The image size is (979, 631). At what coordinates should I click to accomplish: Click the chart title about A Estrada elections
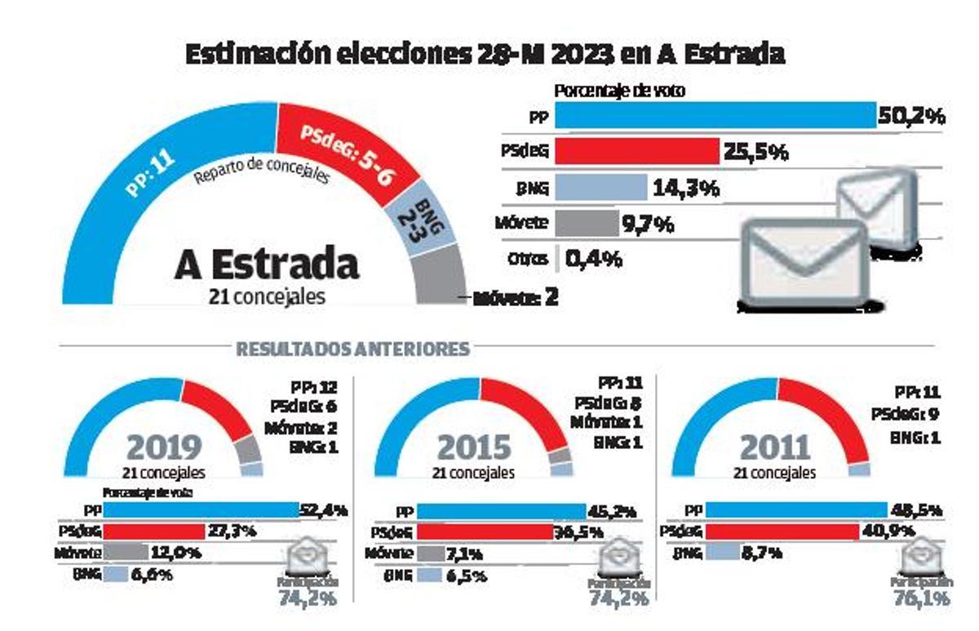(x=485, y=55)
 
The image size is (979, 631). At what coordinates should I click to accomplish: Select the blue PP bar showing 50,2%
(x=715, y=116)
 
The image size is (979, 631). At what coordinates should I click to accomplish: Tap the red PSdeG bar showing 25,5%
(x=636, y=151)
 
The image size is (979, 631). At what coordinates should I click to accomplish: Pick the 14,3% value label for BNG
(x=685, y=188)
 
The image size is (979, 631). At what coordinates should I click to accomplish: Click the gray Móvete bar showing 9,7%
(x=587, y=223)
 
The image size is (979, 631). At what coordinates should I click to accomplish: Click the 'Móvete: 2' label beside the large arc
(x=516, y=297)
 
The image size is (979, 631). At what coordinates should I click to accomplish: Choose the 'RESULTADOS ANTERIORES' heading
(x=352, y=349)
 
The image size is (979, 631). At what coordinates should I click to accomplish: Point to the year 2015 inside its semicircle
(x=474, y=447)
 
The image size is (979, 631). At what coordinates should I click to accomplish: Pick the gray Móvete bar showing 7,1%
(x=415, y=553)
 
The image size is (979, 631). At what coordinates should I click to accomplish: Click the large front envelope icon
(x=804, y=264)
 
